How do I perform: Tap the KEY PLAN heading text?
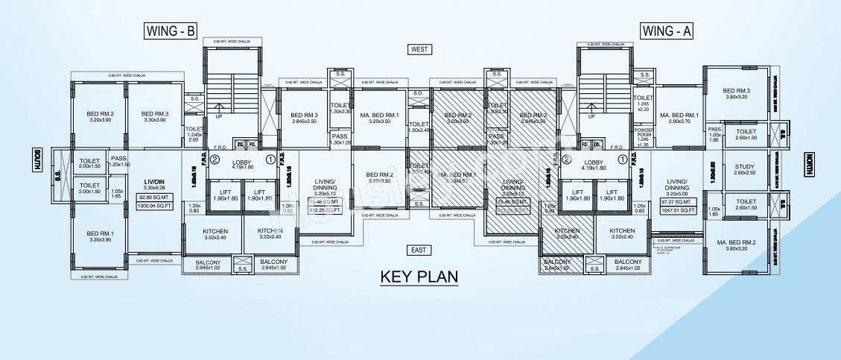click(419, 277)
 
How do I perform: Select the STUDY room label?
click(743, 167)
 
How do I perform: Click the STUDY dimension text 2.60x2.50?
click(743, 174)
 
